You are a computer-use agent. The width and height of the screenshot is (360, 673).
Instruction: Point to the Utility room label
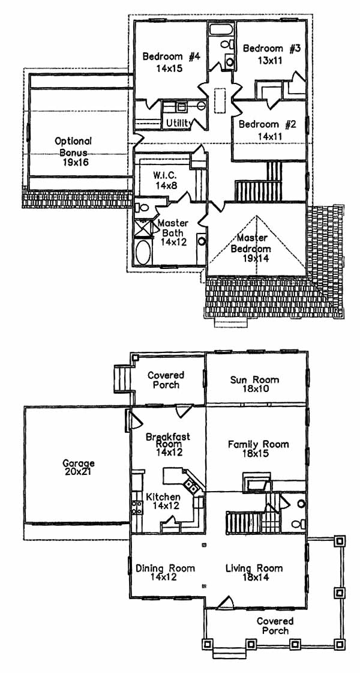[x=179, y=123]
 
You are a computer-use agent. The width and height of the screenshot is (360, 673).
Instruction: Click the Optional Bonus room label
[x=73, y=141]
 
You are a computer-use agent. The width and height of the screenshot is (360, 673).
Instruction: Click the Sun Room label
[x=254, y=379]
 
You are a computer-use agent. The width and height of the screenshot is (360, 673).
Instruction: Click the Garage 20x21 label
[x=79, y=468]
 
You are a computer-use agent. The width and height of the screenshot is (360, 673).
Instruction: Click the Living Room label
[x=254, y=568]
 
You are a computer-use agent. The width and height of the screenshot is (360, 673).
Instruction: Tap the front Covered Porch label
[x=275, y=626]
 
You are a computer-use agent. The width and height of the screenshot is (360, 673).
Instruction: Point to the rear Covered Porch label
[x=166, y=379]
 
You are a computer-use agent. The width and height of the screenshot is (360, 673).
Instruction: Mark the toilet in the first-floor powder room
[x=300, y=505]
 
